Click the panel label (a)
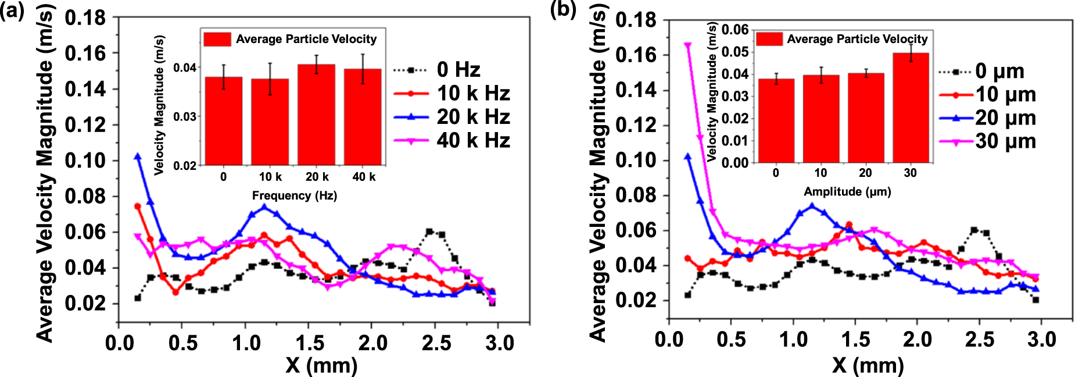[12, 11]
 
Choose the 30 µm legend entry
[1005, 141]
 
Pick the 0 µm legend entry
[999, 72]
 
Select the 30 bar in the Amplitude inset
[911, 108]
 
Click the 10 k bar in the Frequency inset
[270, 122]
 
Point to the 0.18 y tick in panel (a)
[85, 18]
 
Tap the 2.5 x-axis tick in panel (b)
[980, 339]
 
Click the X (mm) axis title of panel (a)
[321, 365]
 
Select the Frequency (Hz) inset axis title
[295, 195]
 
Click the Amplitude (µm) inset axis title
[847, 191]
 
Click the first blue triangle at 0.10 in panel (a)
[138, 157]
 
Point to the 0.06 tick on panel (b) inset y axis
[735, 30]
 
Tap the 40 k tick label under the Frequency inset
[364, 177]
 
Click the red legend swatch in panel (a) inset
[217, 39]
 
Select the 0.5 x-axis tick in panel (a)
[182, 343]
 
